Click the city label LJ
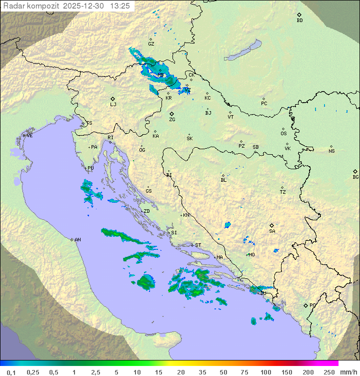[113, 104]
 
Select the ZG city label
[172, 120]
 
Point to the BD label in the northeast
[299, 21]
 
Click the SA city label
[272, 231]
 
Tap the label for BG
[355, 177]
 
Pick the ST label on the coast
[198, 245]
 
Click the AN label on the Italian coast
[77, 240]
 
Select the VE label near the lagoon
[29, 136]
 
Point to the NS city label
[331, 151]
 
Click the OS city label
[283, 134]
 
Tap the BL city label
[223, 180]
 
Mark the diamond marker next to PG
[305, 305]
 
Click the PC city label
[264, 104]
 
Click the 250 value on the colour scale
[328, 372]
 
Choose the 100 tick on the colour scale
[265, 372]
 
